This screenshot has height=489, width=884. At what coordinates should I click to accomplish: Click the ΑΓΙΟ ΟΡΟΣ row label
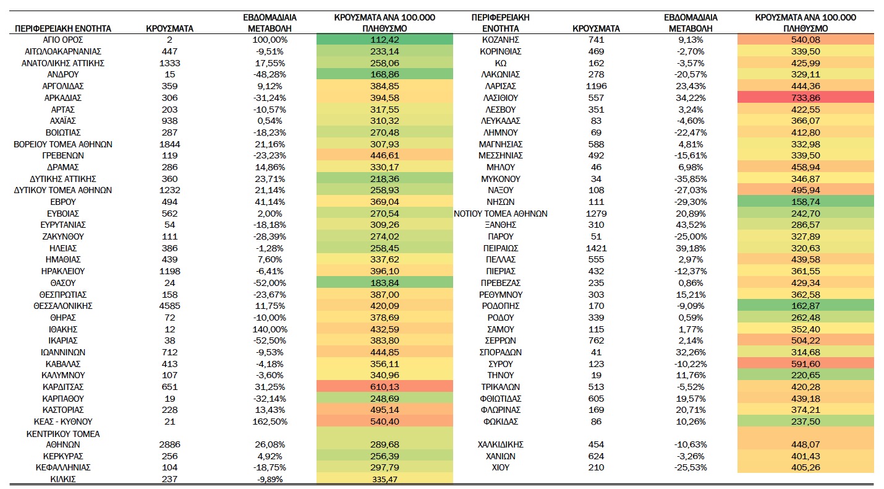click(63, 40)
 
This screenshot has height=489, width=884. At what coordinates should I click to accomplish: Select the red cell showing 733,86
click(805, 98)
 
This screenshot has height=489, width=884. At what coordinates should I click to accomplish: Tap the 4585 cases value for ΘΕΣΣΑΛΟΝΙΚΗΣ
click(170, 306)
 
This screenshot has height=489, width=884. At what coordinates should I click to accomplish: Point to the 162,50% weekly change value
click(270, 422)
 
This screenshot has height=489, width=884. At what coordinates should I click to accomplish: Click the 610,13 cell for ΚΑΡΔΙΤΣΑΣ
click(385, 387)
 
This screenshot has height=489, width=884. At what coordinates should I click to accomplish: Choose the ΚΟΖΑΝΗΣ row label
click(500, 40)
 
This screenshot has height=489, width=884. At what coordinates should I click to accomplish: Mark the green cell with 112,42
click(385, 40)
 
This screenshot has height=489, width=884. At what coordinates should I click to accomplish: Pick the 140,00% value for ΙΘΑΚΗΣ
click(270, 329)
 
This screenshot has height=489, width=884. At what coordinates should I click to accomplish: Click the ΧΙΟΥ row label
click(500, 468)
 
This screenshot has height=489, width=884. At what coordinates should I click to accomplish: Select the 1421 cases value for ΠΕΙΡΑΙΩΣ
click(596, 248)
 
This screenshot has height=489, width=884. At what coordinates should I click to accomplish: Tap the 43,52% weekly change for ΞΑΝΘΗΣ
click(691, 225)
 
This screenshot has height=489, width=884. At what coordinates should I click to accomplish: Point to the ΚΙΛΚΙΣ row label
click(63, 479)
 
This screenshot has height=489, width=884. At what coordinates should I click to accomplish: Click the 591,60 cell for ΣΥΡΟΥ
click(805, 364)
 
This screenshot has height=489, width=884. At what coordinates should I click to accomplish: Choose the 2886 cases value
click(170, 444)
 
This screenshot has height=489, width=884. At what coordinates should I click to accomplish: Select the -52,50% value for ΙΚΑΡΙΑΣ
click(270, 341)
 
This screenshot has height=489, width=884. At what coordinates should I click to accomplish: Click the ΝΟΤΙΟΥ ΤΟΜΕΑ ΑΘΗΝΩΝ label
click(500, 214)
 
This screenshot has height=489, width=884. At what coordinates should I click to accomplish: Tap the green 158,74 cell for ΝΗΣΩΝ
click(805, 202)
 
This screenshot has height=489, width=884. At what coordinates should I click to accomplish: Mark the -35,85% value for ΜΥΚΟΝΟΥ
click(691, 179)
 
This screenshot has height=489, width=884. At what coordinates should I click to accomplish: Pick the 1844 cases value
click(170, 144)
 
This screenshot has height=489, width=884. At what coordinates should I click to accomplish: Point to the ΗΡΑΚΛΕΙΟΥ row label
click(63, 272)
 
